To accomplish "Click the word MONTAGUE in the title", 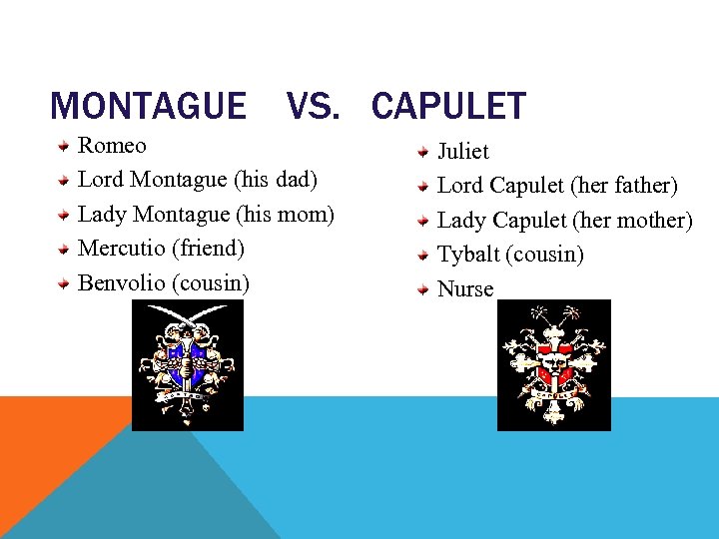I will pos(148,106).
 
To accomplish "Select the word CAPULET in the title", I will pos(448,106).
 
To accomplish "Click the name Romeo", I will pos(112,146).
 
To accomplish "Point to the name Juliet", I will pos(463,152).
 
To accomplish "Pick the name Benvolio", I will pos(122,282).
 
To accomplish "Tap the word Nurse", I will pos(465,289).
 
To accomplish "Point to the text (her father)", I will pos(625,186).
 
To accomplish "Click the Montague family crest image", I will pos(188,365).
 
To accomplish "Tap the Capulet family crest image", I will pos(553,365).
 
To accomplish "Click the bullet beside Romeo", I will pos(63,146).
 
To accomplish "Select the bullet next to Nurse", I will pos(423,289).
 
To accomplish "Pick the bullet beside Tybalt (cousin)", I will pos(423,255).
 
